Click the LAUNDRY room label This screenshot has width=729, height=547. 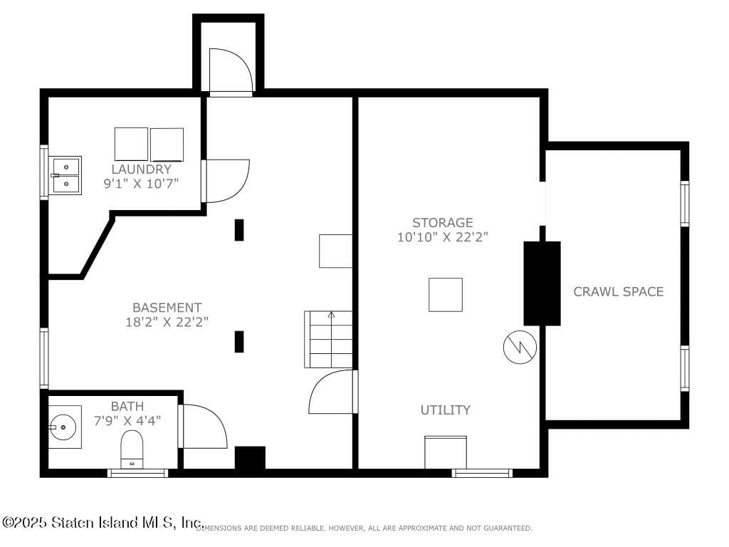(141, 170)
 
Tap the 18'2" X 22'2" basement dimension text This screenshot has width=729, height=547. (167, 321)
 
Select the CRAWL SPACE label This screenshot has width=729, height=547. (618, 291)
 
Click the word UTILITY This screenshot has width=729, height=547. (445, 410)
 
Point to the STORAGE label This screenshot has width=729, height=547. (442, 223)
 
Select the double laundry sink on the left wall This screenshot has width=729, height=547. (67, 175)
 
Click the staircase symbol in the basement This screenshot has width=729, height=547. (328, 340)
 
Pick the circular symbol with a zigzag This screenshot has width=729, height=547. (520, 347)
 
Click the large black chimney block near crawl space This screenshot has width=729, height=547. (542, 283)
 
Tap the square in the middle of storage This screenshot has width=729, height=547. (445, 294)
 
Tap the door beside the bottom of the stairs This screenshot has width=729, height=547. (332, 392)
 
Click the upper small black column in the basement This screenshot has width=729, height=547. (239, 230)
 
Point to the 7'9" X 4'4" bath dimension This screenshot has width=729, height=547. (127, 420)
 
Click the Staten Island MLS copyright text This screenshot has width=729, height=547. (103, 523)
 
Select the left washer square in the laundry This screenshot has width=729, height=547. (131, 144)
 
